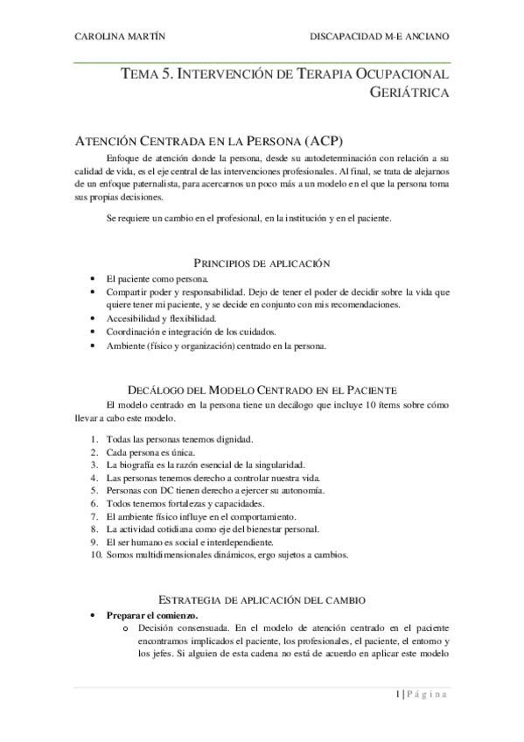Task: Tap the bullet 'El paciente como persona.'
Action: [157, 277]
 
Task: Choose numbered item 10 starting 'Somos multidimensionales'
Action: [227, 555]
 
